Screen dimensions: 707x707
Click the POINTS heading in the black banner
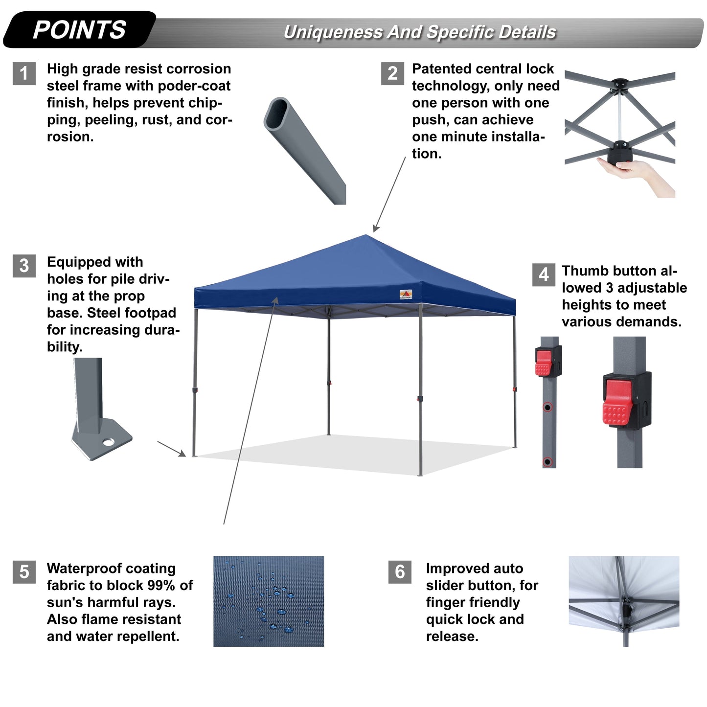coord(79,30)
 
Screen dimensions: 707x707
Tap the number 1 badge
coord(24,73)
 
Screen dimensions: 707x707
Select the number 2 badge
coord(392,73)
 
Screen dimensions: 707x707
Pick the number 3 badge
coord(24,266)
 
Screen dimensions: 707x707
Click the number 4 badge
coord(544,274)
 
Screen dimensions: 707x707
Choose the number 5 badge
coord(24,572)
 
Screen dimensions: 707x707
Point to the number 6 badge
coord(400,572)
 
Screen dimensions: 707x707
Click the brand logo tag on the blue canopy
coord(406,294)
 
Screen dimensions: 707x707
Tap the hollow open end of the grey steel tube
coord(277,113)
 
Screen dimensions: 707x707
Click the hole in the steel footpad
coord(108,442)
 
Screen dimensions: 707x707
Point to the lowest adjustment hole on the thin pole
coord(547,461)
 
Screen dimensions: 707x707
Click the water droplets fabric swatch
coord(269,601)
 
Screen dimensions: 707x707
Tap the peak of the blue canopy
coord(366,237)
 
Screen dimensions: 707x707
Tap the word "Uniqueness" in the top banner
coord(333,32)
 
